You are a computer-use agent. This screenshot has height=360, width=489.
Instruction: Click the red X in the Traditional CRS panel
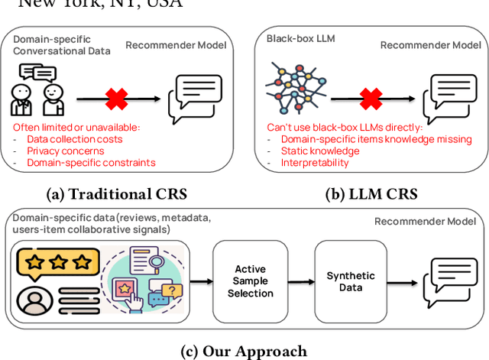coord(116,98)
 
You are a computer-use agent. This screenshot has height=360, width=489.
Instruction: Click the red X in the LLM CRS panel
coord(371,98)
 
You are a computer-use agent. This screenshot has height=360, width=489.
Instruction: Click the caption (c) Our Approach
coord(244,351)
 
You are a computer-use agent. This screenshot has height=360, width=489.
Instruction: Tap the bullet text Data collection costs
coord(74,139)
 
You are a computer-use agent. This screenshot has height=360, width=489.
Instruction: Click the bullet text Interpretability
coord(315,162)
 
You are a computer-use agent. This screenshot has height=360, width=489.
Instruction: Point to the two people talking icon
coord(37,92)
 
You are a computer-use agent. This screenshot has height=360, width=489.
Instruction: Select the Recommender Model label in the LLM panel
coord(430,45)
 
